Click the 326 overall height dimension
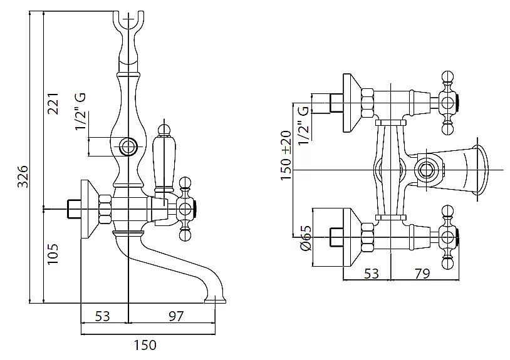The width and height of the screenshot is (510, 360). pos(22,177)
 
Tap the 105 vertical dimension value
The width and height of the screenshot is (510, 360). pos(53,255)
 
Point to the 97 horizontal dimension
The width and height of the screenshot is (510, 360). pos(177,316)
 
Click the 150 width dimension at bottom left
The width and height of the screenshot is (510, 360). pos(145,344)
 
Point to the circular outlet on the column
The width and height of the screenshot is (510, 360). pos(128,148)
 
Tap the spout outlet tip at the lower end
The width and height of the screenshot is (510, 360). pos(215,301)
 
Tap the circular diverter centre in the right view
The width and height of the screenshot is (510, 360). pos(429,170)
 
